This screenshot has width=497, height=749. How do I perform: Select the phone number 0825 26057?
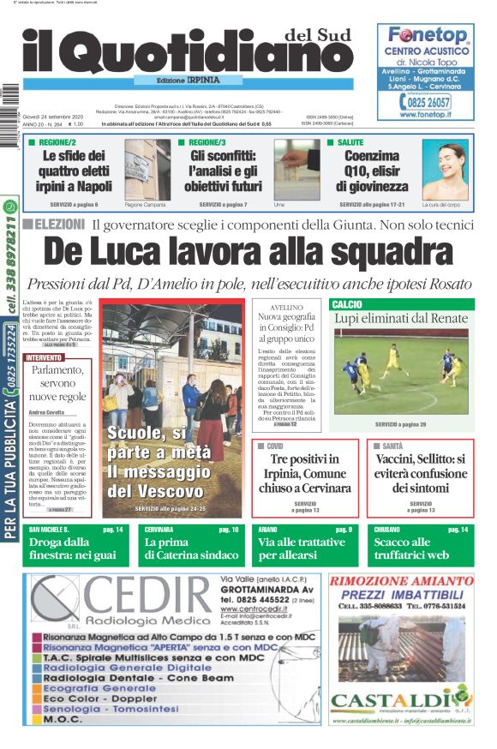pos(430,102)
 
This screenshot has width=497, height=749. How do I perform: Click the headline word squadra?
pos(376,252)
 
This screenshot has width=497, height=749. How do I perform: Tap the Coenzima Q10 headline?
pos(372,171)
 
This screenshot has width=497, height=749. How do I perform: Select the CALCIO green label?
pos(347,304)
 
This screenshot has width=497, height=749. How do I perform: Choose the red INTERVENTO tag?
pos(44,357)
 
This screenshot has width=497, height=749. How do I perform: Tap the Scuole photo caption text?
pos(157,463)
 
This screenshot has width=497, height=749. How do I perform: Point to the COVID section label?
pos(274,446)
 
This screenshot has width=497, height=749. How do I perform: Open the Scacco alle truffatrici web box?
pos(420,548)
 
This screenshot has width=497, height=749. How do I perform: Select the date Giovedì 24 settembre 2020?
pos(52,117)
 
